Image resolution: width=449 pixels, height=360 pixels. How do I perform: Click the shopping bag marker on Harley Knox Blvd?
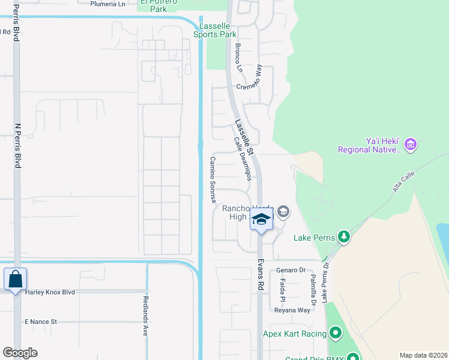coord(14,280)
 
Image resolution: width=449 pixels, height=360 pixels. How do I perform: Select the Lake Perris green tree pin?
coord(343,237)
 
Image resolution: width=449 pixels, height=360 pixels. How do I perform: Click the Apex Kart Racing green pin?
coord(335,333)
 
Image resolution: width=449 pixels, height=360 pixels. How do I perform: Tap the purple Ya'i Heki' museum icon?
coord(411,144)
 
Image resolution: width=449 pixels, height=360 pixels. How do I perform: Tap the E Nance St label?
coord(41,322)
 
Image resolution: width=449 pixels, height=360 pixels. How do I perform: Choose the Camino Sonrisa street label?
coord(212,180)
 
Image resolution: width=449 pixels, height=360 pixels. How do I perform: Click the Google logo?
coord(20,353)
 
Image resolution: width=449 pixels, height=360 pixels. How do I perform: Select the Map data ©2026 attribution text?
coord(423,355)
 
